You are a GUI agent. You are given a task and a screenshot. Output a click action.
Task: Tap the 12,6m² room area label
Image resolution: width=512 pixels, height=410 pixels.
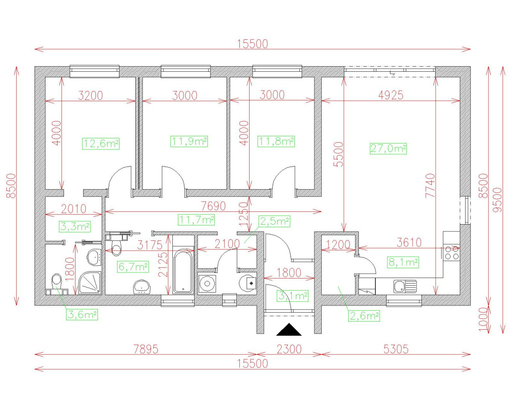(x=101, y=143)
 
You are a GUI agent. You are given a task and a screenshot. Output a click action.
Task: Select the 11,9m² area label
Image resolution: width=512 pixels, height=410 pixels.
(x=189, y=141)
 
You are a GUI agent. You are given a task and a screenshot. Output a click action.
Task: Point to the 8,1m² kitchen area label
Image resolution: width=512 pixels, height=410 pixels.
(x=402, y=262)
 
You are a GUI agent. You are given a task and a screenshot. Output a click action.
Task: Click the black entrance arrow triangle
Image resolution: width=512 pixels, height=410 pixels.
(x=289, y=330)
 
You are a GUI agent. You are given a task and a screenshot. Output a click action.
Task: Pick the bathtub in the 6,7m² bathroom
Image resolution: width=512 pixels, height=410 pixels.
(x=183, y=271)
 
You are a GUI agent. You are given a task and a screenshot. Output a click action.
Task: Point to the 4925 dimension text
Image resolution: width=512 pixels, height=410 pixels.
(x=391, y=95)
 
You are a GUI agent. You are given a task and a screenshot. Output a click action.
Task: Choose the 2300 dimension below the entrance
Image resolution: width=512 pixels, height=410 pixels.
(x=289, y=349)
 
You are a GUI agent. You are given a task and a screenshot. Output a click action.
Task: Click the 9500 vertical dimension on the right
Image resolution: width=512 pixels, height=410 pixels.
(x=495, y=199)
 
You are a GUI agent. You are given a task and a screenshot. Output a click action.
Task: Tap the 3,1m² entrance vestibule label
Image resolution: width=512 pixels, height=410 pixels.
(x=293, y=295)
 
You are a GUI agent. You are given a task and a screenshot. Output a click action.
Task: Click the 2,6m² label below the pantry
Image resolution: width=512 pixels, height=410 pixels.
(x=364, y=316)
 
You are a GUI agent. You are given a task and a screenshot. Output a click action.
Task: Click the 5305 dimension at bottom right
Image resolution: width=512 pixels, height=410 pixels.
(x=396, y=349)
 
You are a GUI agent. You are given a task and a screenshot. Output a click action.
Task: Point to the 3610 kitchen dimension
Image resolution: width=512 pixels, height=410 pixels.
(x=409, y=243)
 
